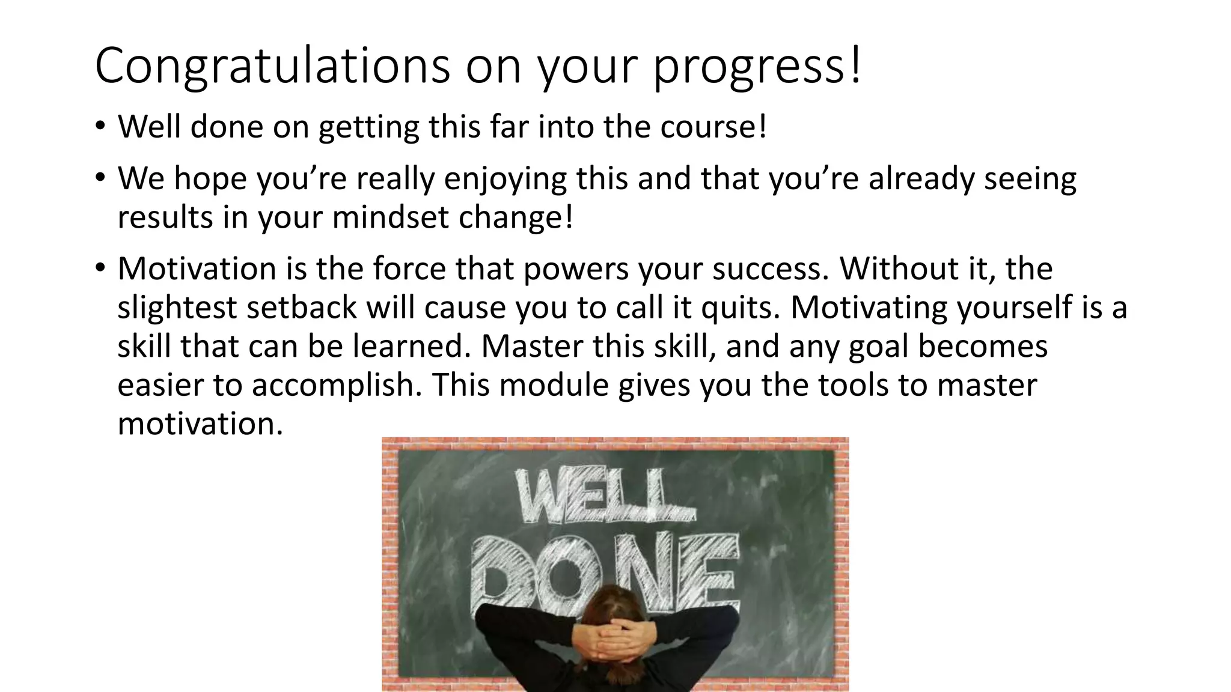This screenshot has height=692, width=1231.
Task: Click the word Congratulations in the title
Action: click(272, 66)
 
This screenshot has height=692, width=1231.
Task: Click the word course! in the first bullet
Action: click(713, 127)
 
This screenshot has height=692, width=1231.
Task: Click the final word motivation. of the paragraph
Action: click(200, 424)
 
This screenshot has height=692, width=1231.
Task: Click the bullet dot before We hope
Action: click(100, 178)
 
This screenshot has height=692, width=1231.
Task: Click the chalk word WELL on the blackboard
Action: click(604, 497)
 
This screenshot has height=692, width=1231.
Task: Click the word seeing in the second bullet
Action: click(1030, 179)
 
